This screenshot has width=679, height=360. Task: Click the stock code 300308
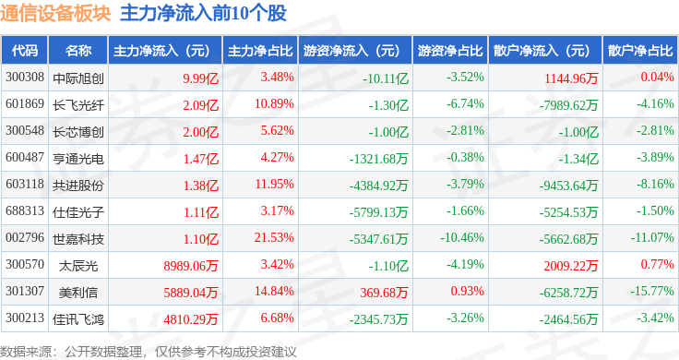[25, 77]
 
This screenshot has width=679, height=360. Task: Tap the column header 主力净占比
[260, 50]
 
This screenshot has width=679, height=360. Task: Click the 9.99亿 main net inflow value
[200, 77]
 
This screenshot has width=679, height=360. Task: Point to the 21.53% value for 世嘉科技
[275, 239]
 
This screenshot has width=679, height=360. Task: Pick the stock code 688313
[25, 211]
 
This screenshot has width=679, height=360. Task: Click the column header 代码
[25, 50]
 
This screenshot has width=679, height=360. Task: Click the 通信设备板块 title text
[55, 13]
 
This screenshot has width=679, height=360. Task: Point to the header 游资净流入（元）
[351, 50]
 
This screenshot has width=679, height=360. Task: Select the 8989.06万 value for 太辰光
[188, 266]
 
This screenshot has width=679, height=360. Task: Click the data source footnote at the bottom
[148, 351]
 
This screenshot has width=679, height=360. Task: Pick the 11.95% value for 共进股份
[275, 185]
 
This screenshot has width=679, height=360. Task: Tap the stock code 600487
[25, 158]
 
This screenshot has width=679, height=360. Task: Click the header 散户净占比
[640, 50]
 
